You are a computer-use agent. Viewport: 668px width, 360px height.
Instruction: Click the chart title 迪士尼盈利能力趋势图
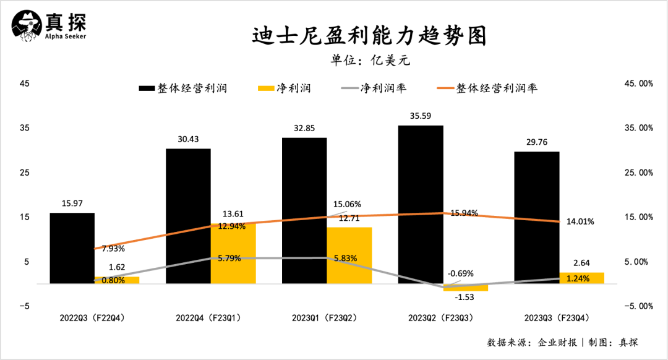click(x=369, y=35)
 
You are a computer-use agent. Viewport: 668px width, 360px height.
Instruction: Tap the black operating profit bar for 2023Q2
click(x=421, y=204)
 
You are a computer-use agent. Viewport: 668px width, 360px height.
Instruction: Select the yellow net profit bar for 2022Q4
click(x=233, y=254)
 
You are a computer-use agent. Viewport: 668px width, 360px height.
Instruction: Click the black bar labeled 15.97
click(x=72, y=247)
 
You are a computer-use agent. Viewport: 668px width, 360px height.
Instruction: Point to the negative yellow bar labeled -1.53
click(x=466, y=287)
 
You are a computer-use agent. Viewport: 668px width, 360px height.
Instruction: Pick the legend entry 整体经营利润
click(x=184, y=88)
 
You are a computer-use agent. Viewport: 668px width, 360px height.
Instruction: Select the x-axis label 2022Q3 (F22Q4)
click(x=95, y=319)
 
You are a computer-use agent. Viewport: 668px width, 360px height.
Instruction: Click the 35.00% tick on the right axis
click(x=636, y=128)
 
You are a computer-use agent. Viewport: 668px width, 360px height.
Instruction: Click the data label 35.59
click(x=421, y=116)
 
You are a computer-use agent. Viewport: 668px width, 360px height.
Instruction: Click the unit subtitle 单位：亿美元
click(x=370, y=61)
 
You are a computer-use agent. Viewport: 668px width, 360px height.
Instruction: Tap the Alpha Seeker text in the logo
click(x=65, y=36)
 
